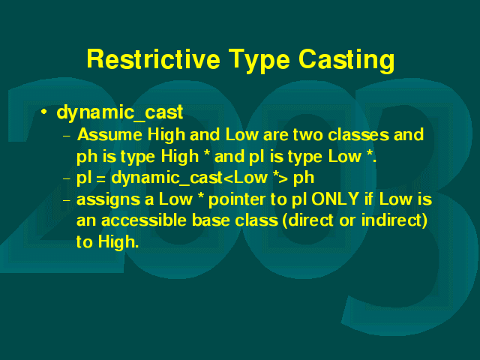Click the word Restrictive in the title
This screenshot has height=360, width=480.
[x=153, y=58]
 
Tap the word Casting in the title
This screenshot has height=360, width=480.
[x=346, y=61]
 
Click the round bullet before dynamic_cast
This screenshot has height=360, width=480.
[x=44, y=112]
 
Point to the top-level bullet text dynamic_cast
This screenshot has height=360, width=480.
[x=120, y=112]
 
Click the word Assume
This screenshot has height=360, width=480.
[x=110, y=135]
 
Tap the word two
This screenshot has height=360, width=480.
[x=308, y=135]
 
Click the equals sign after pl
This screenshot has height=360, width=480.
[x=100, y=179]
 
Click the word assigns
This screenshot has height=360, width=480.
[x=111, y=200]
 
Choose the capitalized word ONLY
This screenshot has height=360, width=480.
[x=335, y=199]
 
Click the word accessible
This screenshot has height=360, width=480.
[x=144, y=220]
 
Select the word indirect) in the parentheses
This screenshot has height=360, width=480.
[x=394, y=220]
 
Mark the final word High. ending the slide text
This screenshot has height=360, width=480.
[x=118, y=241]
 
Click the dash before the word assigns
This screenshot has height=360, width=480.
[x=67, y=201]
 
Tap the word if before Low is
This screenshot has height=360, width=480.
[x=369, y=199]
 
